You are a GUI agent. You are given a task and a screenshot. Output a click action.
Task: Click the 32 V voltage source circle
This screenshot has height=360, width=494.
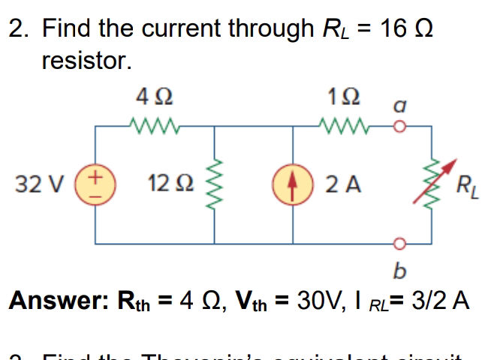(95, 184)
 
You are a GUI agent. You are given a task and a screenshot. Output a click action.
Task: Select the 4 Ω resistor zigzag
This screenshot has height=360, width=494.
(154, 124)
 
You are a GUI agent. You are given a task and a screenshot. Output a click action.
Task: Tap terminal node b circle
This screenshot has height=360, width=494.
(400, 243)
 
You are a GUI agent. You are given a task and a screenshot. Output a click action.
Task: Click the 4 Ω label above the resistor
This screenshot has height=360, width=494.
(154, 97)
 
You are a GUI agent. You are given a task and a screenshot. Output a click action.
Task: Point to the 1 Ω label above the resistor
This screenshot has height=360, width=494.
(345, 97)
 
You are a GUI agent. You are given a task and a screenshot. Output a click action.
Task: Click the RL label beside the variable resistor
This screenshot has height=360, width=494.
(465, 185)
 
